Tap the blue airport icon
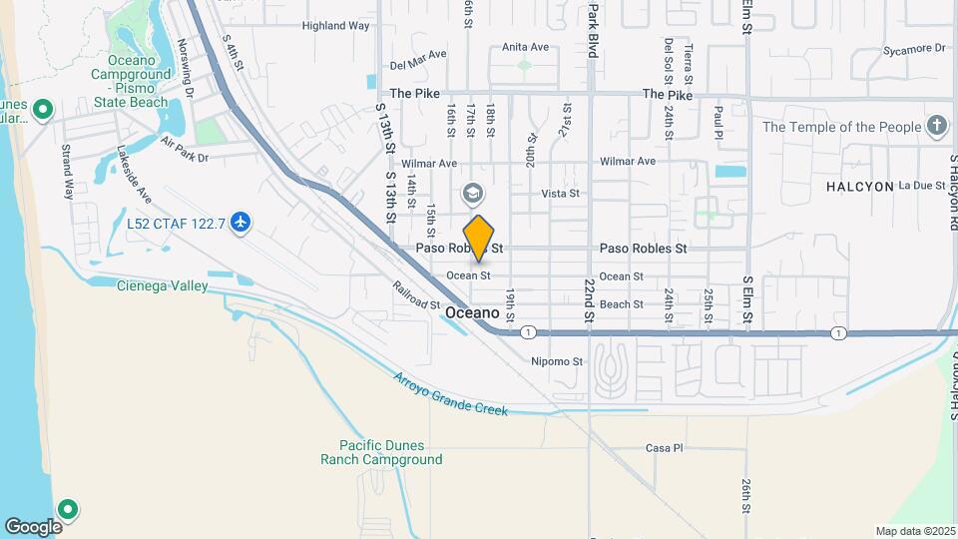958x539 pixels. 239,222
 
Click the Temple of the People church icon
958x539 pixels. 936,127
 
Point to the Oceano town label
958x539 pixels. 472,312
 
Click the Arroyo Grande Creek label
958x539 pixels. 450,394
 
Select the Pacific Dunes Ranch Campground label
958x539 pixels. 381,452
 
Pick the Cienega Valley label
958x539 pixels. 163,286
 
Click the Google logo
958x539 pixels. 33,526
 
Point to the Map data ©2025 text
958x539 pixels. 915,531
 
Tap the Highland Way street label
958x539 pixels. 335,26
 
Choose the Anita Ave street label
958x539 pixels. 526,47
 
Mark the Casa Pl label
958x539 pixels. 664,448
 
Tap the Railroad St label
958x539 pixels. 416,296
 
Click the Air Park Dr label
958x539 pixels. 184,158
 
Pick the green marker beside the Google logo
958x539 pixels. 68,509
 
